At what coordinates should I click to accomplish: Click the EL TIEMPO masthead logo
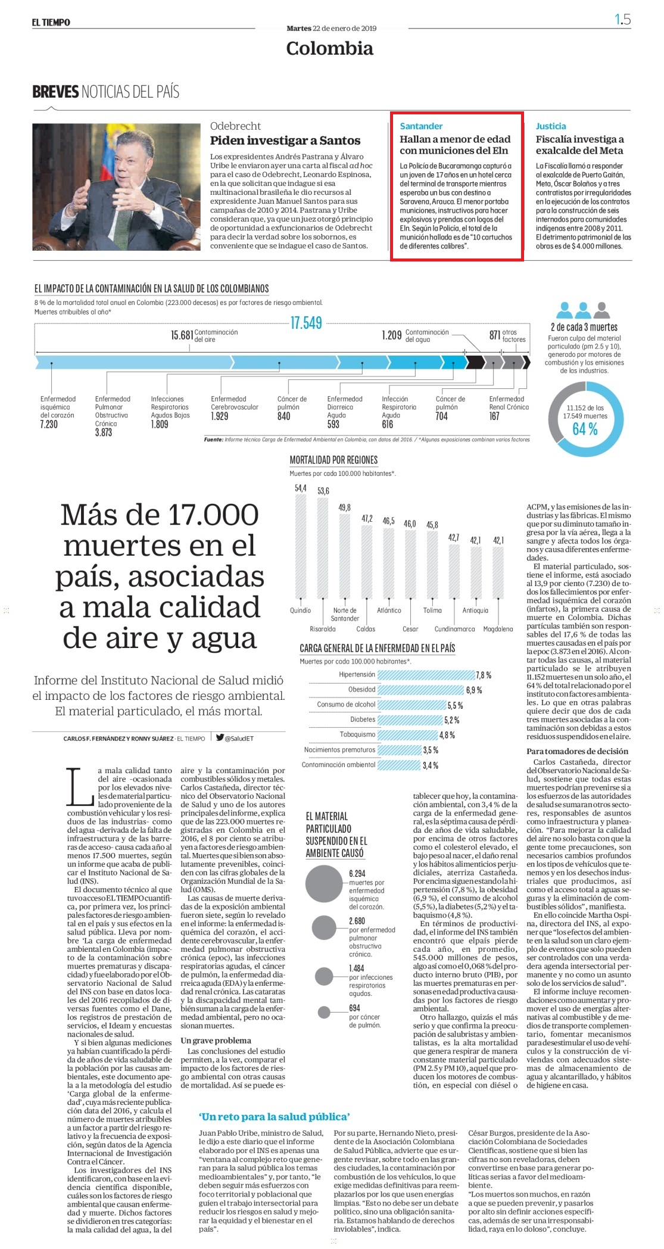(x=51, y=23)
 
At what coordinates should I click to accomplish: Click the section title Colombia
(x=329, y=48)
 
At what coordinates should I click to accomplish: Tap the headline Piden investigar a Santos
(x=285, y=141)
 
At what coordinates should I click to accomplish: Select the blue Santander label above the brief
(x=421, y=126)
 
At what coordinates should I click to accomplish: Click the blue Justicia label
(x=551, y=126)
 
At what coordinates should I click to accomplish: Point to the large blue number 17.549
(x=306, y=323)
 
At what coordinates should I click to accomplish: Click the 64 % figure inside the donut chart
(x=585, y=429)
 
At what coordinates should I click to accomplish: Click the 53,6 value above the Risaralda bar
(x=323, y=491)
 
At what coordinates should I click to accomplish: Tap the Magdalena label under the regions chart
(x=498, y=629)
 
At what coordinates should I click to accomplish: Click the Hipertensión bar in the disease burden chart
(x=426, y=675)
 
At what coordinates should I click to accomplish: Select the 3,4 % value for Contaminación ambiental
(x=430, y=765)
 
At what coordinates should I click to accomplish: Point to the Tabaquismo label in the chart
(x=357, y=734)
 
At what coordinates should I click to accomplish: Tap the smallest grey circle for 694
(x=325, y=1012)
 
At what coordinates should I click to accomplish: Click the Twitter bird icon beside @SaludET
(x=220, y=738)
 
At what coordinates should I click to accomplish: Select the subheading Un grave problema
(x=216, y=1041)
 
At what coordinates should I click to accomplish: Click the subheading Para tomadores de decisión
(x=577, y=751)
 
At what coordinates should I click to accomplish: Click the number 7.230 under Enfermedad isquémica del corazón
(x=49, y=424)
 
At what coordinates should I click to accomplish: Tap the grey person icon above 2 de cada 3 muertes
(x=603, y=310)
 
